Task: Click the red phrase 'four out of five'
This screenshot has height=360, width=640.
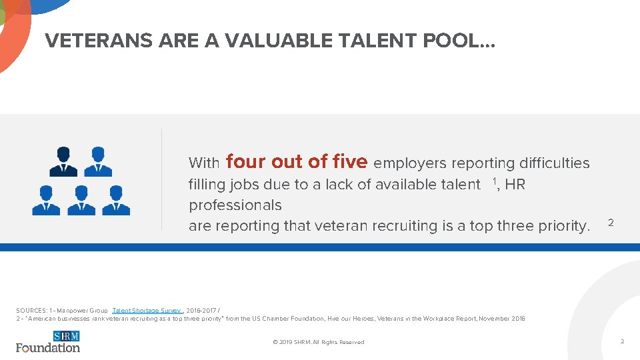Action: [x=297, y=162]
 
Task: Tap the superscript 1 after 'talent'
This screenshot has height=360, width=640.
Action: [x=495, y=181]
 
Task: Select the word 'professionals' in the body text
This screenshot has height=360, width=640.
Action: [x=235, y=205]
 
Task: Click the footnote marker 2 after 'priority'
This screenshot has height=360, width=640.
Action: [x=611, y=222]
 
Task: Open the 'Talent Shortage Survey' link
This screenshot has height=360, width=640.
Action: [x=147, y=311]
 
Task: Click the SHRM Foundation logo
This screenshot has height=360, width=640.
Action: [x=48, y=341]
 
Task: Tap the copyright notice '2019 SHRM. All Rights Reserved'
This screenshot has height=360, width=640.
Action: [x=319, y=342]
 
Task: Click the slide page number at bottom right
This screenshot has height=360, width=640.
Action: [x=622, y=341]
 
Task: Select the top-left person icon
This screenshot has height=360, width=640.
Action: [x=63, y=161]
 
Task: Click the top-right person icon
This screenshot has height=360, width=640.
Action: [x=98, y=161]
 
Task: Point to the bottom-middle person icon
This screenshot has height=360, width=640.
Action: [x=81, y=200]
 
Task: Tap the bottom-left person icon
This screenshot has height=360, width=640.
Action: [x=46, y=200]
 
